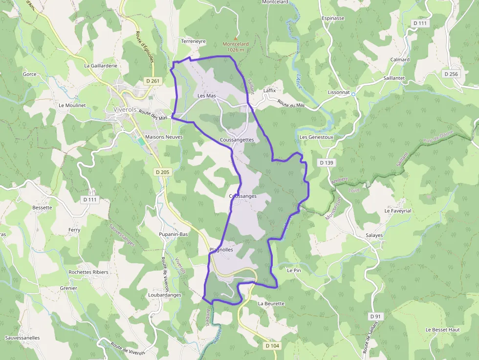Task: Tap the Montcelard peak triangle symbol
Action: (236, 38)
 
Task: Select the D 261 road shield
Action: (153, 81)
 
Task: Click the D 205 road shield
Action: (162, 172)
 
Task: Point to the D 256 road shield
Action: (452, 74)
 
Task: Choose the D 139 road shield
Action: (326, 162)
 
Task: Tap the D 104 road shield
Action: (272, 346)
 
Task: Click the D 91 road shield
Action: (375, 317)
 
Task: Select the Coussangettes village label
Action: (237, 140)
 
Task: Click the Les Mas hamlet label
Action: (207, 96)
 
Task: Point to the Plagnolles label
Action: (221, 250)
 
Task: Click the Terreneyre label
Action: (194, 42)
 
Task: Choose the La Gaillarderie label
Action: (101, 65)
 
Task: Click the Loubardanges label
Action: (165, 295)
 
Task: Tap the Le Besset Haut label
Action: (442, 330)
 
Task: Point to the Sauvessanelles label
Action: (22, 338)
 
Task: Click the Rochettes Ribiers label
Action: (88, 272)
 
